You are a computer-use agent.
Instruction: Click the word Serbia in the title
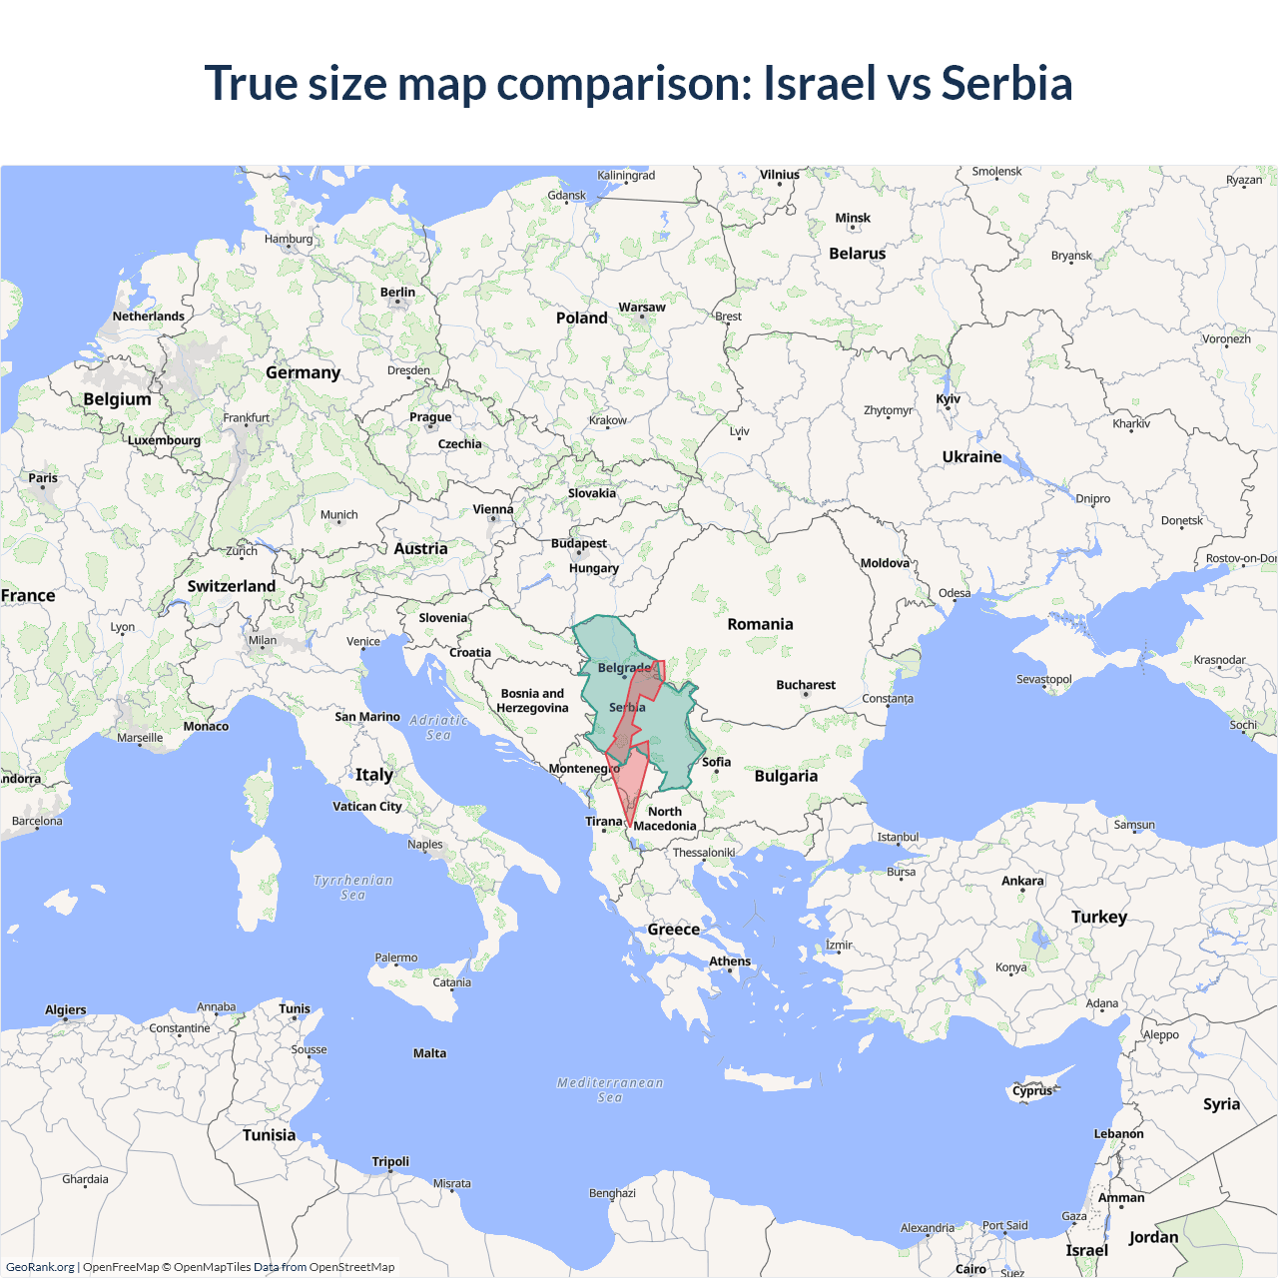click(x=1006, y=83)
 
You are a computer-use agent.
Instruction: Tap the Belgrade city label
click(x=624, y=668)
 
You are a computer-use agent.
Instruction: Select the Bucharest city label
click(x=806, y=685)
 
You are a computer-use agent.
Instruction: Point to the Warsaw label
click(x=642, y=308)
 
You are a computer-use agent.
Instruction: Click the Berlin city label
click(x=397, y=293)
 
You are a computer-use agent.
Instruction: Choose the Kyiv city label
click(x=948, y=399)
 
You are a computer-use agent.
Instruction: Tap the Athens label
click(x=730, y=961)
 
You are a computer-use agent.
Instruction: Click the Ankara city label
click(x=1022, y=881)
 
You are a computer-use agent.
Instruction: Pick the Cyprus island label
click(x=1032, y=1090)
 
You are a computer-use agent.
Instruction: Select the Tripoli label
click(x=390, y=1161)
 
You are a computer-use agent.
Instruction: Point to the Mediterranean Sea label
click(x=610, y=1089)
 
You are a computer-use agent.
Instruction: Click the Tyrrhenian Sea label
click(x=352, y=888)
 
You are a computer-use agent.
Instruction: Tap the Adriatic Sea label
click(x=438, y=727)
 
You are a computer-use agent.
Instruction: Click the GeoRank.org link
click(x=40, y=1267)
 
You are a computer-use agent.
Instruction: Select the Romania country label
click(x=760, y=624)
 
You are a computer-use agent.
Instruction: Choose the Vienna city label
click(x=493, y=509)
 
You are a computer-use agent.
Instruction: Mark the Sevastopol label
click(x=1043, y=679)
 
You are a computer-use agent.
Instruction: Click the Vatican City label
click(x=367, y=806)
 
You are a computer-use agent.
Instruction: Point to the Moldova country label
click(x=885, y=563)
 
